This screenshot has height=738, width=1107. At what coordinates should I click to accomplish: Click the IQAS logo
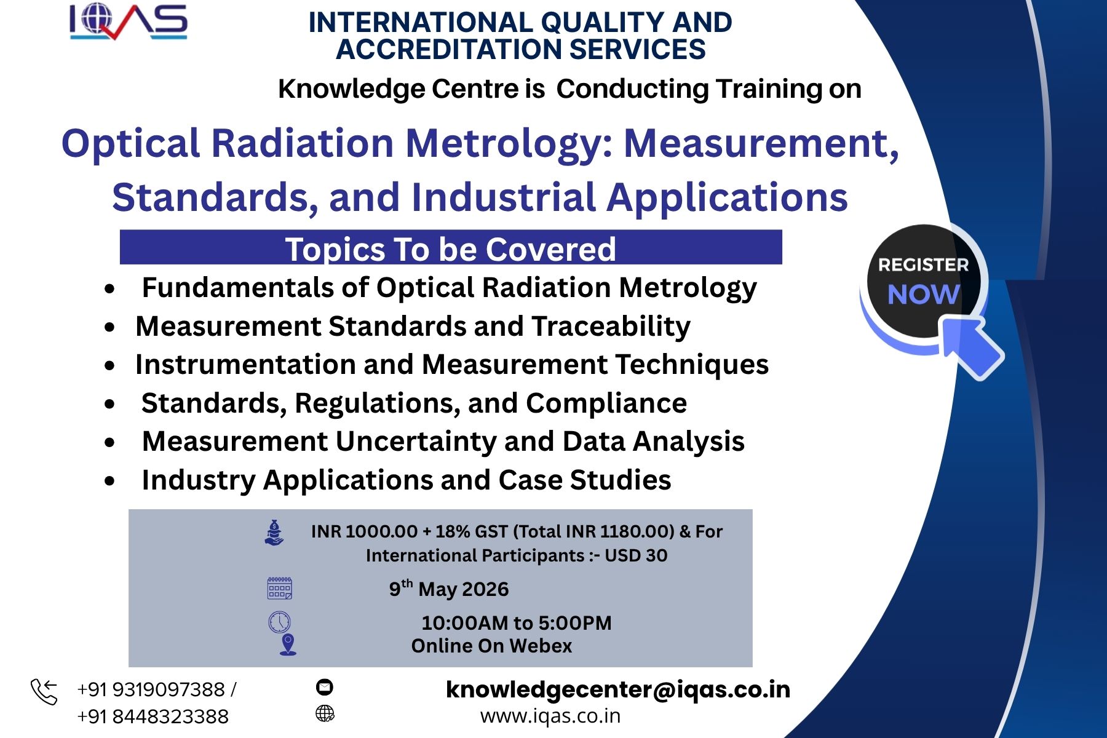pos(129,22)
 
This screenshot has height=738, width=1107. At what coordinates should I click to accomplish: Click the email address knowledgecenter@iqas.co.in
pos(618,689)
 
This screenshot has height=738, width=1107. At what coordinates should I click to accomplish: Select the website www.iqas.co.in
pos(550,716)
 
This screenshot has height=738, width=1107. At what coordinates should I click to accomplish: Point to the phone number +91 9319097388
pos(151,689)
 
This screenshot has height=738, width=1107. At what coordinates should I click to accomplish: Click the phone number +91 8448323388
pos(153,716)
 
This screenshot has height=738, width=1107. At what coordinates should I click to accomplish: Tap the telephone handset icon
pos(44,692)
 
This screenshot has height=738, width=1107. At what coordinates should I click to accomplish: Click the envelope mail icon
pos(324,687)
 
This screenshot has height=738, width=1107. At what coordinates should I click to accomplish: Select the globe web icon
pos(325,713)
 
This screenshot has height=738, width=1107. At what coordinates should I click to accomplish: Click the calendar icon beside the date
pos(280,588)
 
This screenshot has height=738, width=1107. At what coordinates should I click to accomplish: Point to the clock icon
pos(279,622)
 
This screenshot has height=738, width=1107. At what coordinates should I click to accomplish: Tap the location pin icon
pos(288,645)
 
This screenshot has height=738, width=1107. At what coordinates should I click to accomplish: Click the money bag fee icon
pos(274,533)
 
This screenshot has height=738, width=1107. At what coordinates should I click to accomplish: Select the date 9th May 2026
pos(449,589)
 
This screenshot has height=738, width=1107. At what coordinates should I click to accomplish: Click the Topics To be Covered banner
pos(451,247)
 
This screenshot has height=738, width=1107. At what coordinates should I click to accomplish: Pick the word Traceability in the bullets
pos(611,327)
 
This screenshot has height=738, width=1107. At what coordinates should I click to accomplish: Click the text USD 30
pos(636,555)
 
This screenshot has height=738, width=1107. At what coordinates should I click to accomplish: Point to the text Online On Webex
pos(491,646)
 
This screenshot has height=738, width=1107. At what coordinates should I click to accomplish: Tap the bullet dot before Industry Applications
pos(109,481)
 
